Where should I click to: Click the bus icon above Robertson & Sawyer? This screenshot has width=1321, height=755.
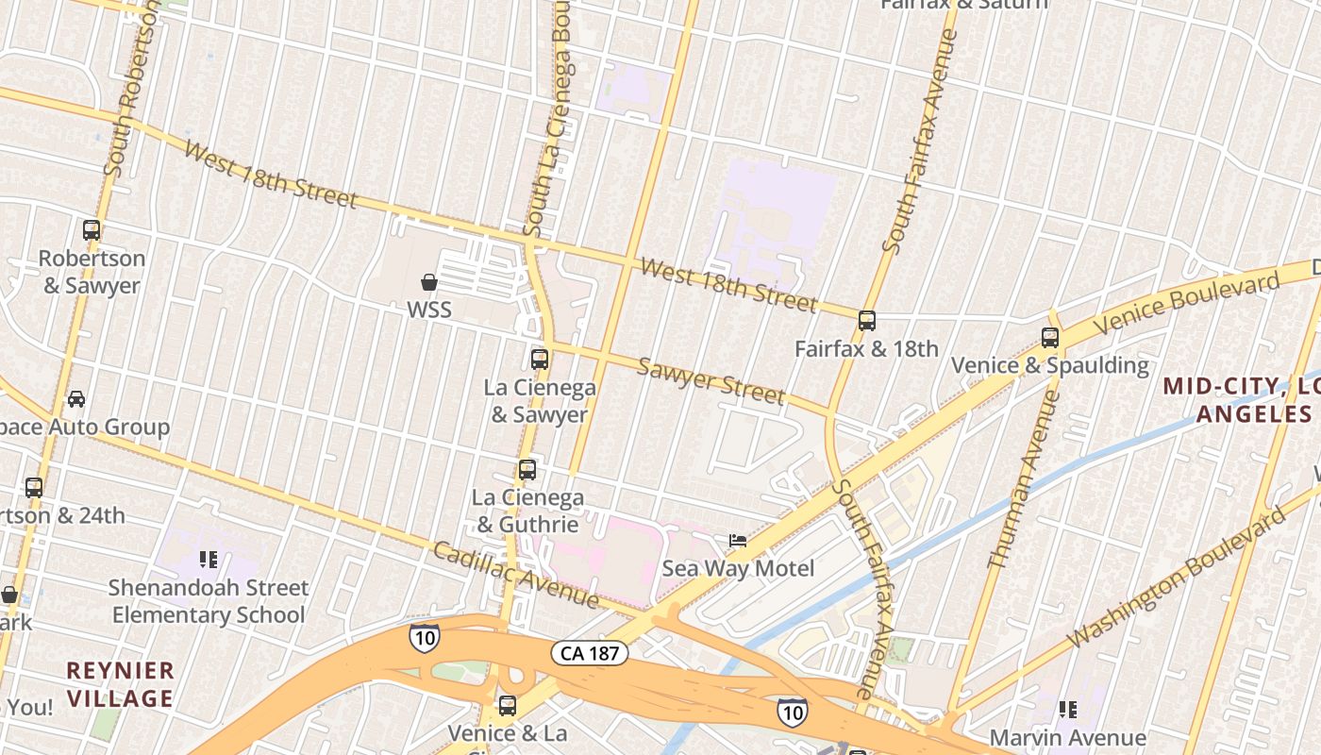(92, 229)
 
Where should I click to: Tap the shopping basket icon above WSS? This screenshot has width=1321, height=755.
(429, 281)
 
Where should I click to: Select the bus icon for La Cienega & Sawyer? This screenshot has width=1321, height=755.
(540, 359)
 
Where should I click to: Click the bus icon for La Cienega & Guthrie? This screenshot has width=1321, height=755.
(527, 469)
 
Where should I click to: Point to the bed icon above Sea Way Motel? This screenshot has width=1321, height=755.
(738, 540)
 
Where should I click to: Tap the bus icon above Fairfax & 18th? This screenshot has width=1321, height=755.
(867, 321)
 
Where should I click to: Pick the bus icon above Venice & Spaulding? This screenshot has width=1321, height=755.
(1050, 337)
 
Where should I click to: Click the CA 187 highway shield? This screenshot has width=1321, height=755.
(590, 653)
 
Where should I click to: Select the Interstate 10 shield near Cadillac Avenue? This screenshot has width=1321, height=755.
(425, 637)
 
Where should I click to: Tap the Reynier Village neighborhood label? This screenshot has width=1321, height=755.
(120, 684)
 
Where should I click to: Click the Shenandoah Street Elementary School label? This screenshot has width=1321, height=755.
(208, 601)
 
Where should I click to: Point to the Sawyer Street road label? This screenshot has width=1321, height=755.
(711, 379)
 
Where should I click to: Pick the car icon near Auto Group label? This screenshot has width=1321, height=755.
(76, 398)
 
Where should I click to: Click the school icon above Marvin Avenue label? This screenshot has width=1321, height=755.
(1068, 709)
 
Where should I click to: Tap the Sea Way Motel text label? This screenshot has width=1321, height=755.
(738, 569)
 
